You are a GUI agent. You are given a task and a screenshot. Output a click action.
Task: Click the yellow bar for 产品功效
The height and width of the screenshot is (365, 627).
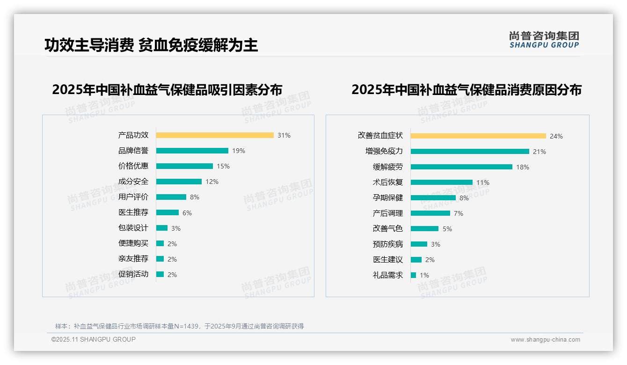215,135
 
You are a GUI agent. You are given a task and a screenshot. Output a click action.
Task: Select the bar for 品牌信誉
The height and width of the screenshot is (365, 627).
192,151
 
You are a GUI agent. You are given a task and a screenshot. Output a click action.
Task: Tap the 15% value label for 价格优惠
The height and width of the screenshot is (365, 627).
223,166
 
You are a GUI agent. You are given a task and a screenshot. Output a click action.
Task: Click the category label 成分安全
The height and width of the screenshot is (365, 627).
133,182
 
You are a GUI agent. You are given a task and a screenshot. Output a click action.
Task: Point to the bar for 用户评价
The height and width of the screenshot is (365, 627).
171,197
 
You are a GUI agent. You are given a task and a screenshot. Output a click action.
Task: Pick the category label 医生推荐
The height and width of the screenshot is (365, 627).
133,212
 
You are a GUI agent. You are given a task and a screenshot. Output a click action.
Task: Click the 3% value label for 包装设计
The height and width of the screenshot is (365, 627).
175,228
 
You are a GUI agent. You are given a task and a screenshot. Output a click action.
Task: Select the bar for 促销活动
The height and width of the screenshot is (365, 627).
160,274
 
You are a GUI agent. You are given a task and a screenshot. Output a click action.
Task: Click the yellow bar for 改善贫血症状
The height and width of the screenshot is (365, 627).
478,136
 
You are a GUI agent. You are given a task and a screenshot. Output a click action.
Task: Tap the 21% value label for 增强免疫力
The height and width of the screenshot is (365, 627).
540,152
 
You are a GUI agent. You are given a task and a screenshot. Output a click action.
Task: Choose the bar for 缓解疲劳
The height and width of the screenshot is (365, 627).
461,167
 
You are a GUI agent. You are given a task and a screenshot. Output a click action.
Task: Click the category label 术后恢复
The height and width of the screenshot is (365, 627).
388,182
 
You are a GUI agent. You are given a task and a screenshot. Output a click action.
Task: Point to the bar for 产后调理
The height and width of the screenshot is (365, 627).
430,213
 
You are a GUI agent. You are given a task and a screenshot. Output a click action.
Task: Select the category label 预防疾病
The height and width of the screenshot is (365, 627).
388,244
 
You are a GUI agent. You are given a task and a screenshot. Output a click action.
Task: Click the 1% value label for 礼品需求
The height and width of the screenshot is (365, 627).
424,275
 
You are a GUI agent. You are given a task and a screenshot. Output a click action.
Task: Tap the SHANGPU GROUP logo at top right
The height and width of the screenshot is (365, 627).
544,40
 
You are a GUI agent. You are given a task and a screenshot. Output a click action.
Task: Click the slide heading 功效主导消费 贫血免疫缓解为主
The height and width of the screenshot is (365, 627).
151,45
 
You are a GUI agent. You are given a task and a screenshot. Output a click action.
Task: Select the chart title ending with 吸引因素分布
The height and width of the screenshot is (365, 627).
167,89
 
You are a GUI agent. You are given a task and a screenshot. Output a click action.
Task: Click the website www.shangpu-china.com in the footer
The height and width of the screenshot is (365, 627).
545,340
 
